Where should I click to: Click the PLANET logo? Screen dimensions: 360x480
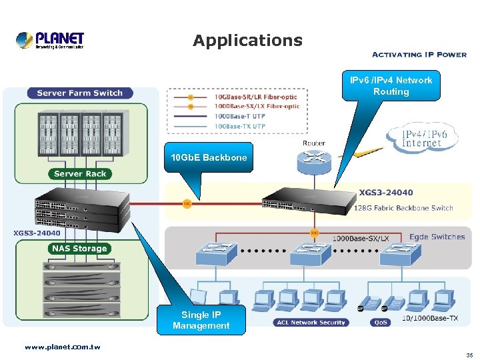(x=50, y=40)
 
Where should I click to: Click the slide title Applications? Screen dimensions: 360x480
(x=247, y=41)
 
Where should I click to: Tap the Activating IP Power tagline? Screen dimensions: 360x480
(x=419, y=55)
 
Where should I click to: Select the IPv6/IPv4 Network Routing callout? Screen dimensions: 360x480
(x=391, y=86)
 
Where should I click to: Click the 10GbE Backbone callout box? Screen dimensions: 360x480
(x=209, y=157)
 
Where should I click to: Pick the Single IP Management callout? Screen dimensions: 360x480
(x=201, y=320)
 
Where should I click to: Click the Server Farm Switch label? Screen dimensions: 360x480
(x=80, y=93)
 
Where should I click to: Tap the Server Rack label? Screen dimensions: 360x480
(x=80, y=174)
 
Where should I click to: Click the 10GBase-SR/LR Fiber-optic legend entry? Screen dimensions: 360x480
(x=256, y=97)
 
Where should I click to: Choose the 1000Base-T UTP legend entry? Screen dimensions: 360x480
(x=240, y=117)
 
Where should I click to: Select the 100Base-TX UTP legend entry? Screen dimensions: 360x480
(x=240, y=126)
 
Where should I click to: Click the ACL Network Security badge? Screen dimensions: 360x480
(x=310, y=323)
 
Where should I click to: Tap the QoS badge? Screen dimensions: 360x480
(x=381, y=323)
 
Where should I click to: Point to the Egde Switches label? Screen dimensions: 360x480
(x=437, y=237)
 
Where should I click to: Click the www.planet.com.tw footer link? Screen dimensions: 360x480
(x=62, y=347)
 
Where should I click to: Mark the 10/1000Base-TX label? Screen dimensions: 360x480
(x=429, y=319)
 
